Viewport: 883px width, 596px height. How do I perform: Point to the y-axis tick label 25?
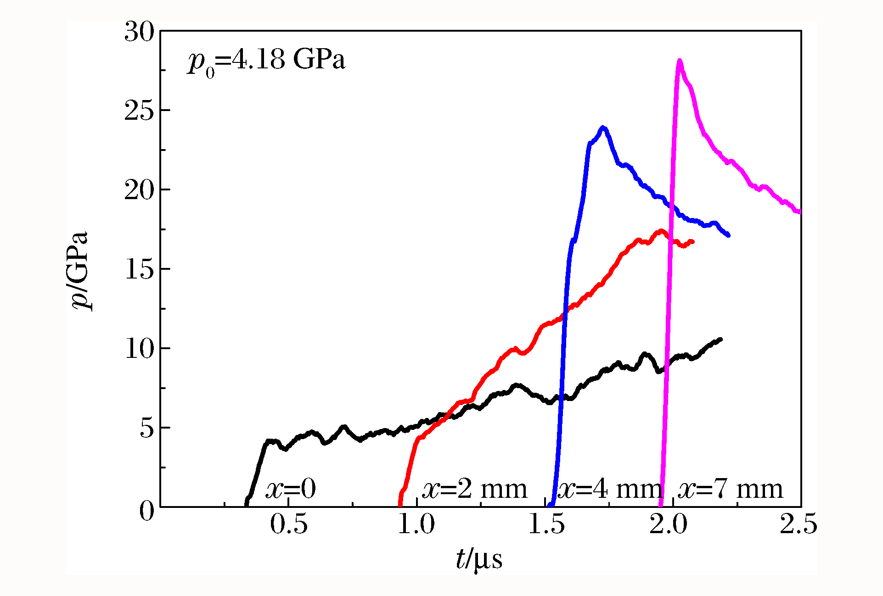pyautogui.click(x=140, y=111)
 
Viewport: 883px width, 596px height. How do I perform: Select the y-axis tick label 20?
pyautogui.click(x=140, y=190)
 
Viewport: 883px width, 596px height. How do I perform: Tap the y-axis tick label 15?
pyautogui.click(x=140, y=269)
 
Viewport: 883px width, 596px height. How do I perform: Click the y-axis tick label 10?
pyautogui.click(x=140, y=349)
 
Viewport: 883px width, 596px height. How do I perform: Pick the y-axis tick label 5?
pyautogui.click(x=147, y=428)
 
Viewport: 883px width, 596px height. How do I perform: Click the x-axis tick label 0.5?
pyautogui.click(x=288, y=524)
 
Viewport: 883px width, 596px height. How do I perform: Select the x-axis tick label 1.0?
pyautogui.click(x=416, y=524)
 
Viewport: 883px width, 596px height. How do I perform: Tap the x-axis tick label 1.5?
pyautogui.click(x=546, y=524)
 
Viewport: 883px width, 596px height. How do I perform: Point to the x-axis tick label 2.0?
pyautogui.click(x=668, y=524)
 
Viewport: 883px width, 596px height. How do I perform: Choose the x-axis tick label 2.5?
pyautogui.click(x=798, y=524)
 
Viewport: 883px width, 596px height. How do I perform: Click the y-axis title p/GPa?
pyautogui.click(x=80, y=271)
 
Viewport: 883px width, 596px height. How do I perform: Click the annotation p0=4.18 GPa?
pyautogui.click(x=266, y=61)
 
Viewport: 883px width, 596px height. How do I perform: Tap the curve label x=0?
pyautogui.click(x=291, y=489)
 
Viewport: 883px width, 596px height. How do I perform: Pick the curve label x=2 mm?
pyautogui.click(x=474, y=489)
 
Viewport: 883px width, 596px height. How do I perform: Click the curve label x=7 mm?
pyautogui.click(x=730, y=489)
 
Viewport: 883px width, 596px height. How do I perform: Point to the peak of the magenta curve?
pyautogui.click(x=679, y=61)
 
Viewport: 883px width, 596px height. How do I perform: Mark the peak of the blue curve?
pyautogui.click(x=603, y=128)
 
